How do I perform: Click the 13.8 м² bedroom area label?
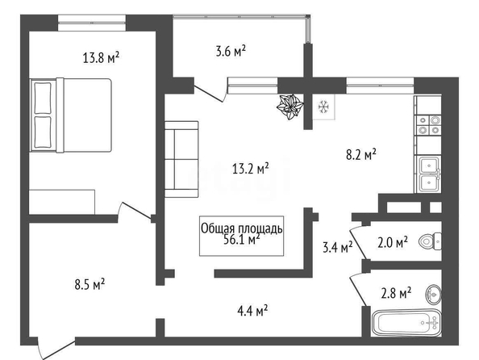tap(101, 57)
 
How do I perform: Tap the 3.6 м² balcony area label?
tap(231, 51)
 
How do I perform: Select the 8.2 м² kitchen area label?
tap(360, 154)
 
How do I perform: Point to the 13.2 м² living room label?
tap(251, 168)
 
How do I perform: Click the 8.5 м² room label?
tap(90, 284)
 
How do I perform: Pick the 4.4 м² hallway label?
tap(252, 311)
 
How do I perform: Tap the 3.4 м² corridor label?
tap(338, 247)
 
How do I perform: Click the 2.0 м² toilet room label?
tap(393, 242)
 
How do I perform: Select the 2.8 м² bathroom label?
tap(396, 293)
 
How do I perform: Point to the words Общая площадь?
tap(242, 228)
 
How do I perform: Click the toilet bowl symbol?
tap(430, 241)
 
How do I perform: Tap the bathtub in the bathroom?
tap(407, 323)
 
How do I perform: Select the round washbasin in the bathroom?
tap(433, 295)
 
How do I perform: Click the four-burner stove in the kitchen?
tap(428, 125)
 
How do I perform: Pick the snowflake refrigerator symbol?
tap(323, 107)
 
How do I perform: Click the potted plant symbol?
tap(290, 107)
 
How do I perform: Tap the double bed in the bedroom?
tap(71, 115)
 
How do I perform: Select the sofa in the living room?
tap(181, 159)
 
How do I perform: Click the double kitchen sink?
tap(428, 174)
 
